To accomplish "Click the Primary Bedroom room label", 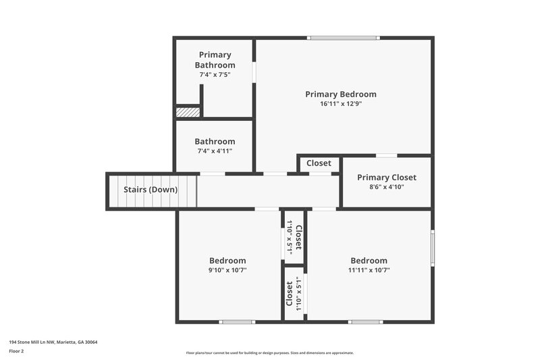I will point(340,95).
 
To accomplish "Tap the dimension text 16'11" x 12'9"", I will point(340,104).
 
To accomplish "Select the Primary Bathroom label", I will point(215,59).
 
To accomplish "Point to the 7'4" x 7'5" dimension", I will point(215,74).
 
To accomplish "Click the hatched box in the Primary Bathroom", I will point(188,112).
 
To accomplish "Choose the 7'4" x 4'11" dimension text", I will point(215,151).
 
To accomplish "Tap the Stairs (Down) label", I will point(151,190).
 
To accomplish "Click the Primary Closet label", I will point(387,178).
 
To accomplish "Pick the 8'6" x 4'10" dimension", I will point(387,187).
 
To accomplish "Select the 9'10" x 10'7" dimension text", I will point(227,270).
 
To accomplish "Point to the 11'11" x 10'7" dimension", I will point(369,270).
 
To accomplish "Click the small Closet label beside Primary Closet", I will point(319,163).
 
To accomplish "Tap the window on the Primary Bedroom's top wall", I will point(344,38).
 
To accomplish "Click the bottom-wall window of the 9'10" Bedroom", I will point(237,322).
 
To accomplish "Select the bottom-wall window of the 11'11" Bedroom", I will point(365,322).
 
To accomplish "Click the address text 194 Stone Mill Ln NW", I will point(53,342).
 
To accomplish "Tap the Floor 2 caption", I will point(16,351).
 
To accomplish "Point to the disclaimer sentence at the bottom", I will point(269,353).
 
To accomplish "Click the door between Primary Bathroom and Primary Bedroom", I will point(254,72).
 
